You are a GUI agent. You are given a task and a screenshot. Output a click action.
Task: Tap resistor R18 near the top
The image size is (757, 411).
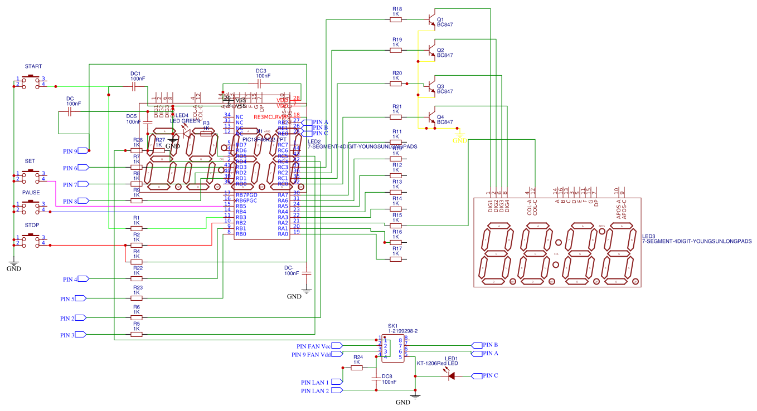(x=396, y=19)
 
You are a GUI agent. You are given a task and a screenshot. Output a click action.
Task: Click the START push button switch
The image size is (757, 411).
(x=30, y=82)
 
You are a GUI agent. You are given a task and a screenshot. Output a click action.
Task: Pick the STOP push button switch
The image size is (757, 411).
(x=30, y=241)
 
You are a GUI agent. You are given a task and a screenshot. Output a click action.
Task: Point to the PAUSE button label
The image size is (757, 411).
(x=31, y=192)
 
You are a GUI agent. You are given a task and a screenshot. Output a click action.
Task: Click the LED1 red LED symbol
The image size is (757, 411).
(x=451, y=376)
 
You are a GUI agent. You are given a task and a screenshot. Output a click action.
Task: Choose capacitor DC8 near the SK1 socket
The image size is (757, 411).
(x=376, y=379)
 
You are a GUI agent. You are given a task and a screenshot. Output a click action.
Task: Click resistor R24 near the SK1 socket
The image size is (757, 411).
(x=357, y=368)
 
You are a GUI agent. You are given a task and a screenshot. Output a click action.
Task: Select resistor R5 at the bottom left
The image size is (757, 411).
(x=136, y=335)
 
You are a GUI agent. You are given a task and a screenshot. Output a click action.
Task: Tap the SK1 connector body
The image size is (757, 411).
(x=393, y=348)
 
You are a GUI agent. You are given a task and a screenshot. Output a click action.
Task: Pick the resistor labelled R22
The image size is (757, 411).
(x=136, y=278)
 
